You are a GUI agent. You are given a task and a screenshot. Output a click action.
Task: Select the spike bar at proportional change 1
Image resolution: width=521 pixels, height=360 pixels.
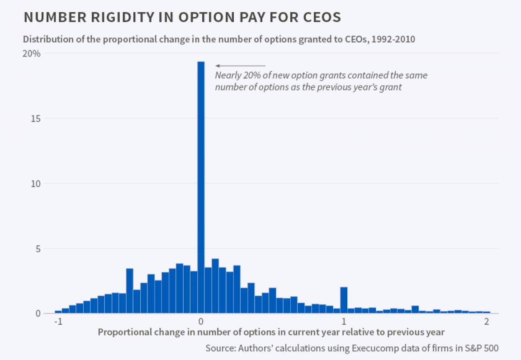(344, 300)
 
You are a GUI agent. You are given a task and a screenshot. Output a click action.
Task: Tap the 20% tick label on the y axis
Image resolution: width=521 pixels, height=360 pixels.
(32, 54)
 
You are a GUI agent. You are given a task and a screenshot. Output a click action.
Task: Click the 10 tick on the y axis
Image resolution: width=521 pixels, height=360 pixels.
(36, 184)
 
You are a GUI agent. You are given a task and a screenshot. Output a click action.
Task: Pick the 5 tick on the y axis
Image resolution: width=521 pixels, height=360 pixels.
(38, 248)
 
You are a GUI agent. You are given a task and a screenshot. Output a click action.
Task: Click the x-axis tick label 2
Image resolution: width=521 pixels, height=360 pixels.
(487, 322)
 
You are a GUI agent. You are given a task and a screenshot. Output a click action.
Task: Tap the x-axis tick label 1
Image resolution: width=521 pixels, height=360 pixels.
(344, 322)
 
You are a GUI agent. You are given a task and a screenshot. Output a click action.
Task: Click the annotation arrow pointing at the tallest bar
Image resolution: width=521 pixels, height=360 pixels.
(240, 66)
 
